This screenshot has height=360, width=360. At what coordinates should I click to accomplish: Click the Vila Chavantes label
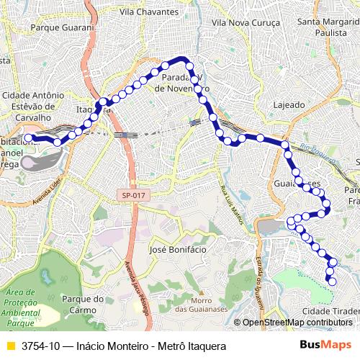149,12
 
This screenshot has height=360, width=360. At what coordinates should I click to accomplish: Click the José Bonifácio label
176,249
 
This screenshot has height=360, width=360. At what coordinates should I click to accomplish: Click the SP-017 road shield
133,194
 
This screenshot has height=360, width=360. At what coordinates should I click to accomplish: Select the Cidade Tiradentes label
330,310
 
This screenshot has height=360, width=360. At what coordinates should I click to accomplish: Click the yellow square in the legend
10,346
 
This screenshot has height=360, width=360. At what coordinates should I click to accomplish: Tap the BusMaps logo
326,346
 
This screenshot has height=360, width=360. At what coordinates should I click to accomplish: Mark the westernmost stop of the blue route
28,137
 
